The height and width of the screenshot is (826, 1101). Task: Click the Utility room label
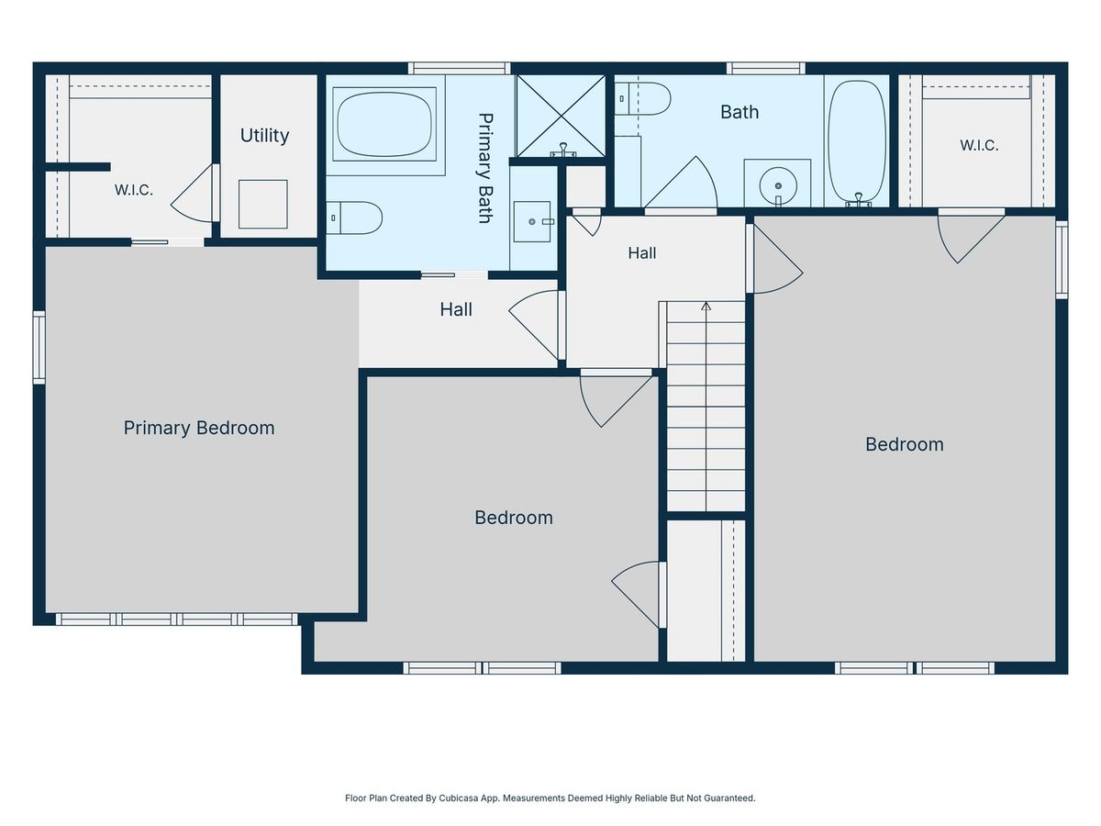tap(264, 136)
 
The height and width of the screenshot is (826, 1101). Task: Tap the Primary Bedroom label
tap(199, 428)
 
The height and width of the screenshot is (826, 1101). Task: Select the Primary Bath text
tap(485, 168)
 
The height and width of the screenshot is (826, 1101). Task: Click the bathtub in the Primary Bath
tap(384, 124)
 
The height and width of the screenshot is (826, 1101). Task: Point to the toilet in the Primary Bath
tap(353, 218)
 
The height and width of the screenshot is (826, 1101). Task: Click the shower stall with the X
tap(561, 116)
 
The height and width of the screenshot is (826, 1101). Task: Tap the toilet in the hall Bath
tap(642, 99)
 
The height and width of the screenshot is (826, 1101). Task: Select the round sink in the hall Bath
tap(778, 185)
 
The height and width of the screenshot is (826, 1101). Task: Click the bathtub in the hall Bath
tap(857, 141)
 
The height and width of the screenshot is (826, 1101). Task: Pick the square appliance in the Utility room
tap(262, 204)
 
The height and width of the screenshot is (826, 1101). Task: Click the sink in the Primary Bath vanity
tap(532, 222)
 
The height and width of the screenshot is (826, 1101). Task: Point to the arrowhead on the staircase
tap(706, 306)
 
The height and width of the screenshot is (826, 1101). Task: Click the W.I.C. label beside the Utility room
tap(133, 190)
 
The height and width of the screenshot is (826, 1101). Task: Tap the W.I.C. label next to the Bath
tap(979, 145)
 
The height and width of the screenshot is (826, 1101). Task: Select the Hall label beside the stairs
tap(642, 253)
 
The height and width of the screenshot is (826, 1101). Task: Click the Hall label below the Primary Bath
tap(456, 309)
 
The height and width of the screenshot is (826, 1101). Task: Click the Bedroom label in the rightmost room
tap(905, 444)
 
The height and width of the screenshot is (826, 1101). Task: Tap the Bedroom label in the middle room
tap(514, 518)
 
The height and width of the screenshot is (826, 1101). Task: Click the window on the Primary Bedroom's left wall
tap(39, 348)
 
